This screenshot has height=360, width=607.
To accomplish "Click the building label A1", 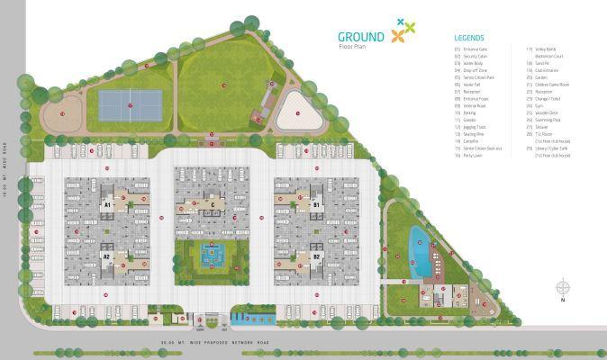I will (106, 205).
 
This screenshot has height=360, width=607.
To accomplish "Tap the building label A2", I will (106, 256).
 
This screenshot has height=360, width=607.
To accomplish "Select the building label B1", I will (316, 205).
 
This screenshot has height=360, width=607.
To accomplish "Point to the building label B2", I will (316, 256).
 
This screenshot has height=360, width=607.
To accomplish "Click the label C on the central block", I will (212, 205).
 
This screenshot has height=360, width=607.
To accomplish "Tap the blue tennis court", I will (131, 104).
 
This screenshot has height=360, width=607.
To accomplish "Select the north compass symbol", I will (564, 290).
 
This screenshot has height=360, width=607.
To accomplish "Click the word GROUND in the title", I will (361, 36).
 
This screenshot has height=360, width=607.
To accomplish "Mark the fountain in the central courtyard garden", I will (212, 255).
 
